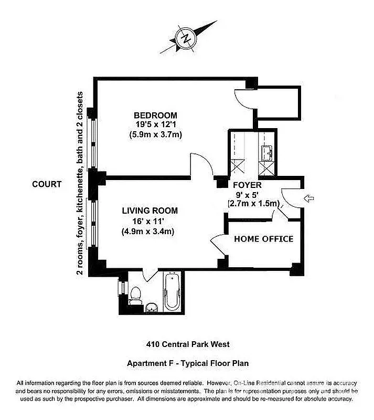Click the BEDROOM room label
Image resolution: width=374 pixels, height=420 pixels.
tap(155, 115)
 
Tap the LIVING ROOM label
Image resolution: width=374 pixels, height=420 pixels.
tap(149, 211)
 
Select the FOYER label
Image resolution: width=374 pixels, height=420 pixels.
tap(247, 185)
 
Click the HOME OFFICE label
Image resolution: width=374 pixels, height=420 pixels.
tap(263, 239)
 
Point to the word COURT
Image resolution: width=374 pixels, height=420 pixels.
tap(47, 184)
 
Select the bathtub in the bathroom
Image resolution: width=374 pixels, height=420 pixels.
tap(172, 292)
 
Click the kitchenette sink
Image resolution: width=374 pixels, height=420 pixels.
tap(265, 153)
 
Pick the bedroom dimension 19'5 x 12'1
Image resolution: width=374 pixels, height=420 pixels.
tap(155, 124)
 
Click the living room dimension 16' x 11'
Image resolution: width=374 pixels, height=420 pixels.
tap(149, 220)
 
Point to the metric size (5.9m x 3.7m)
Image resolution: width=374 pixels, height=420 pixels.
tap(155, 134)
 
